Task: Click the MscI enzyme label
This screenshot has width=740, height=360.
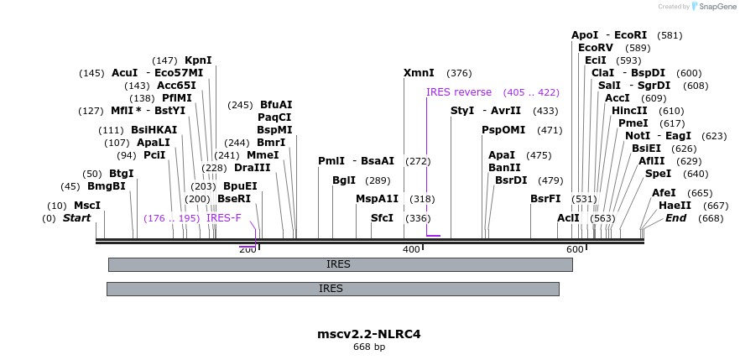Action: (x=86, y=206)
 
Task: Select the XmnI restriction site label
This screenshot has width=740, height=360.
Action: (x=419, y=73)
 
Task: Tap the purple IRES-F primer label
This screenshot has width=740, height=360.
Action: (x=223, y=218)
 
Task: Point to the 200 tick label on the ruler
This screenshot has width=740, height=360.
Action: (x=248, y=250)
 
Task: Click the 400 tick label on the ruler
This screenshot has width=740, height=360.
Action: (x=411, y=250)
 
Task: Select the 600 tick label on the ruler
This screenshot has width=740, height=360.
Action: (x=575, y=250)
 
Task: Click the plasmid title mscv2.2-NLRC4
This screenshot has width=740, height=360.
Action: (x=369, y=334)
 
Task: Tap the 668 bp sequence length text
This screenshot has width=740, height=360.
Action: (x=369, y=347)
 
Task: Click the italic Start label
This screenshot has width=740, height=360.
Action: (x=76, y=218)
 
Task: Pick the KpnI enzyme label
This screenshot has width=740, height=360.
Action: (x=198, y=60)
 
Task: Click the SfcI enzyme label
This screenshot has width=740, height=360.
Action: (x=382, y=218)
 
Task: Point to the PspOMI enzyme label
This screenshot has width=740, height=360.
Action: (x=498, y=130)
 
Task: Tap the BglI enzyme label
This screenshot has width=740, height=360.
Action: (x=344, y=180)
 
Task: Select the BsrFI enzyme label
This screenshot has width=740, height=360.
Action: (x=545, y=199)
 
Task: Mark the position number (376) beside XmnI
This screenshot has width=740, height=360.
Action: (x=459, y=73)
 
